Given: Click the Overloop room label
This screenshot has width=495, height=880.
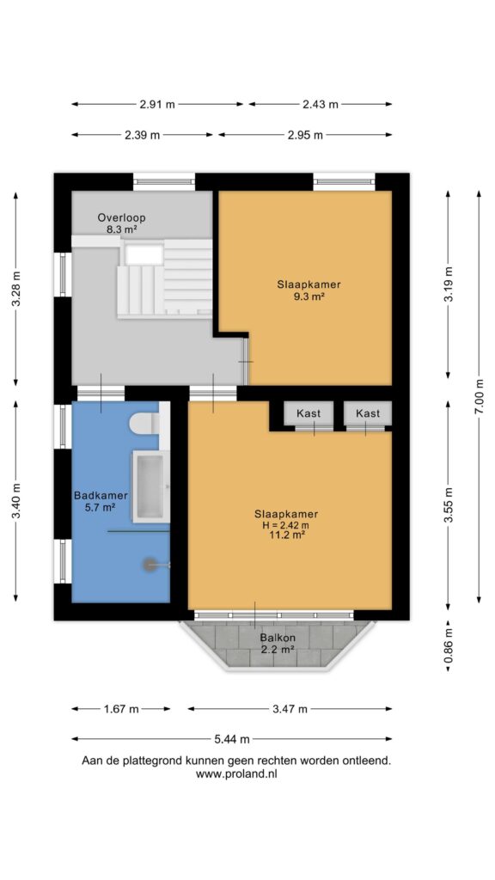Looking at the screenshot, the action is pos(122,217).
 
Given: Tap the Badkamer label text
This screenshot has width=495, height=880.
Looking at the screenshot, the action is pos(101,496).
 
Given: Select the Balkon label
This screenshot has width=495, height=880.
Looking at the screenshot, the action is pos(278,639).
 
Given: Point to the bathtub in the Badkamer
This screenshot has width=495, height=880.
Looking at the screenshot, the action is pos(151,486).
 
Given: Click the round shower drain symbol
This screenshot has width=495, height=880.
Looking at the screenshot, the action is pos(150,565).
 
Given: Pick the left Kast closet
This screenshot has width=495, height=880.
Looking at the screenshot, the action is pos(309,413).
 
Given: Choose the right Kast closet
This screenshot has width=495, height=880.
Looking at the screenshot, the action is pos(368,413).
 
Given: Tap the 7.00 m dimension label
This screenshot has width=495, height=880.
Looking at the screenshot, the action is pos(479,397).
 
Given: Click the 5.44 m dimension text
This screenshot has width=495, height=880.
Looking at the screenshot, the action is pos(232,739).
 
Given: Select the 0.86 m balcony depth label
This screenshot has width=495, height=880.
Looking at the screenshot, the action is pos(449,645).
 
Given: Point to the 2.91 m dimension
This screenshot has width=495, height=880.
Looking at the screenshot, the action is pos(157,104).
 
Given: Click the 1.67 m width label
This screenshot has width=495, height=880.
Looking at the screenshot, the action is pos(120,709).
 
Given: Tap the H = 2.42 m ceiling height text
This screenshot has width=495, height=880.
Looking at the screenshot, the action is pos(286,525).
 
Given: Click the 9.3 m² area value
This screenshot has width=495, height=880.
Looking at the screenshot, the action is pos(309,296).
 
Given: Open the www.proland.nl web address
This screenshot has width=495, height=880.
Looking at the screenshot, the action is pos(236,773).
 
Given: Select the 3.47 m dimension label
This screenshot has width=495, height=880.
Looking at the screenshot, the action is pos(290,709).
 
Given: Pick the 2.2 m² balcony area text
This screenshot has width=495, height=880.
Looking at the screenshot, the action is pos(278,650).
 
